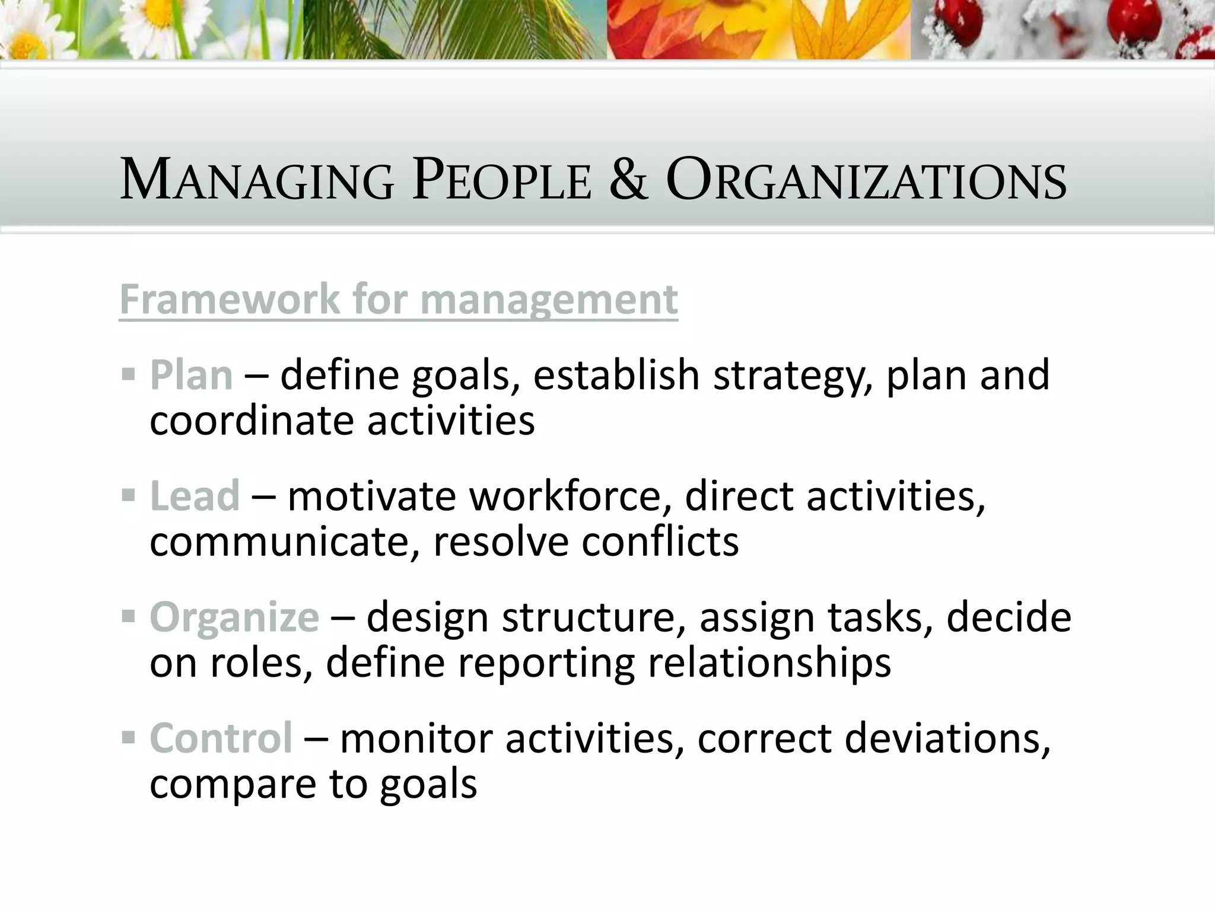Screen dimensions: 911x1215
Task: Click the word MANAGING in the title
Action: (x=257, y=180)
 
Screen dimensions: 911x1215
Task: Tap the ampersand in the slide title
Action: (x=628, y=180)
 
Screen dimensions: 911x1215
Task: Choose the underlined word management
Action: (x=549, y=300)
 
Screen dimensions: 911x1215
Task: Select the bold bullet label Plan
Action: (x=191, y=375)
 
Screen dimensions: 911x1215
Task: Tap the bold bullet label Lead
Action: (x=195, y=496)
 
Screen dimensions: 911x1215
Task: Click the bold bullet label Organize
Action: (x=234, y=617)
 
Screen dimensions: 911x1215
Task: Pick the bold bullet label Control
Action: (x=221, y=738)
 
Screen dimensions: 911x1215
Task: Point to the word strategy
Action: (x=793, y=377)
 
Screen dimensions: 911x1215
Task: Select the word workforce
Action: (x=570, y=496)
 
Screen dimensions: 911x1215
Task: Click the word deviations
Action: (x=947, y=739)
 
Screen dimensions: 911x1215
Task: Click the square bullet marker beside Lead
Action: (x=128, y=495)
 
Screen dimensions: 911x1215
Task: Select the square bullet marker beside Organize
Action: (x=128, y=616)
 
